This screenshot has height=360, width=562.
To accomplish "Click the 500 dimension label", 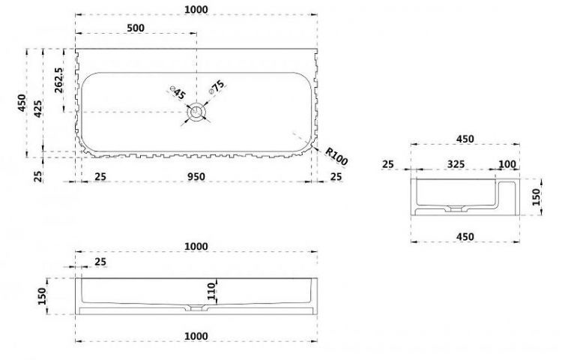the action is [136, 28].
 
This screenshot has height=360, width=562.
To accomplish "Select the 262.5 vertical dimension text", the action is [58, 80].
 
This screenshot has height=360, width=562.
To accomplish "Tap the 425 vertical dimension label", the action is [37, 109].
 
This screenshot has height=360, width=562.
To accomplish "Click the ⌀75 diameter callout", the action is [217, 87].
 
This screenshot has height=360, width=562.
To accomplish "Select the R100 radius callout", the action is [336, 157].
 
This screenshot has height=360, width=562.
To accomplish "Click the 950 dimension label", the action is [196, 176].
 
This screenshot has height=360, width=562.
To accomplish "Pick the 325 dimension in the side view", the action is [456, 163].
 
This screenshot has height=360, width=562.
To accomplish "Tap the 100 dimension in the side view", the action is [507, 164].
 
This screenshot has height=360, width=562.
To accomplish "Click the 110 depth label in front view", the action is [211, 291].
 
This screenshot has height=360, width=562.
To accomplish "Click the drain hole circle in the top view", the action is [196, 112].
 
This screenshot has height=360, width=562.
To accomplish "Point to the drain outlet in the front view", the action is [196, 308].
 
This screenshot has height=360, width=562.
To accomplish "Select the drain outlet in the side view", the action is [456, 208].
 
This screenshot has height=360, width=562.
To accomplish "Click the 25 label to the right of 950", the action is [336, 176].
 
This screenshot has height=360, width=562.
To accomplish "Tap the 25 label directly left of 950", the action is [100, 176].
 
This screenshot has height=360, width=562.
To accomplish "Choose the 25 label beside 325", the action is [388, 164].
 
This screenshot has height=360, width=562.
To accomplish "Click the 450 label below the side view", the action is [465, 237].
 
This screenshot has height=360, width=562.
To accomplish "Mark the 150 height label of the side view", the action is [536, 196].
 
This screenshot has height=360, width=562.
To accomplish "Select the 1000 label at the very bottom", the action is [196, 336].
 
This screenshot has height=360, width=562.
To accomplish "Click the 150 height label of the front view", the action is [42, 296].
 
